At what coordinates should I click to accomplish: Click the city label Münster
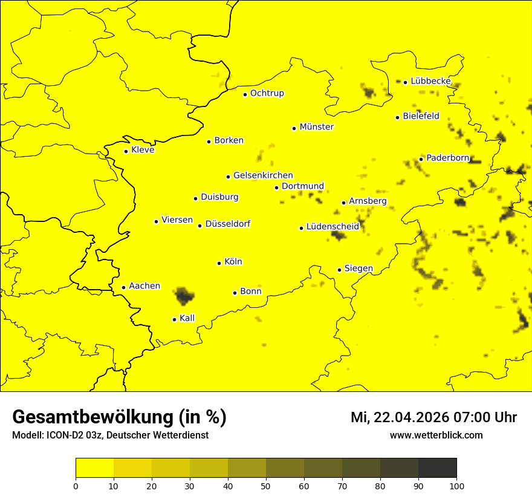[316, 127]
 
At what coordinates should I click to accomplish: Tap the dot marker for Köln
[219, 263]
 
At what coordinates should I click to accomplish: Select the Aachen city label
[144, 285]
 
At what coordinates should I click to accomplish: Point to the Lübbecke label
[430, 81]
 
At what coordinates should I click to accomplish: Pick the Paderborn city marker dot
[421, 159]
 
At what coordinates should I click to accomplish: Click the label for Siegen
[358, 268]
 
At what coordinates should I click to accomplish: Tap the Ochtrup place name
[267, 93]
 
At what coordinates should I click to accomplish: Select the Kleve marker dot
[126, 151]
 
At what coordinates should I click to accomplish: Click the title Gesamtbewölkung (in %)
[119, 417]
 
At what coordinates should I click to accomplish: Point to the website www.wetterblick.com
[436, 435]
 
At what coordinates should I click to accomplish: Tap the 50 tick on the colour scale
[266, 485]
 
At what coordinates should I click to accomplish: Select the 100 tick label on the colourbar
[456, 485]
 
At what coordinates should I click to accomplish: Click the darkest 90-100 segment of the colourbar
[437, 468]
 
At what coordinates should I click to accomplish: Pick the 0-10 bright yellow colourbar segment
[94, 468]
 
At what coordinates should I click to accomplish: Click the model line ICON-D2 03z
[110, 435]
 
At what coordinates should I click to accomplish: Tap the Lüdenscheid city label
[332, 227]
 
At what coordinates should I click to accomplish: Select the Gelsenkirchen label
[263, 175]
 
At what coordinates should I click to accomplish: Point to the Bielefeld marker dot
[397, 117]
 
